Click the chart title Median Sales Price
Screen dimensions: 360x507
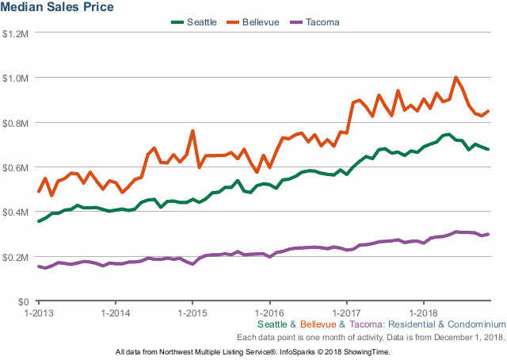pos(58,7)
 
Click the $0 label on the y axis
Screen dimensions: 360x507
pos(24,302)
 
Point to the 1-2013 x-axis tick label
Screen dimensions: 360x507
pos(37,313)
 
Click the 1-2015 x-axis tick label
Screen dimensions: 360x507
pos(192,313)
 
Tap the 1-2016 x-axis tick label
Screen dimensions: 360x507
pos(269,313)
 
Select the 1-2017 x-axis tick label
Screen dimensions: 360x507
pos(346,313)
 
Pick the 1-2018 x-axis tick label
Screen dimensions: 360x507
pos(423,313)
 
